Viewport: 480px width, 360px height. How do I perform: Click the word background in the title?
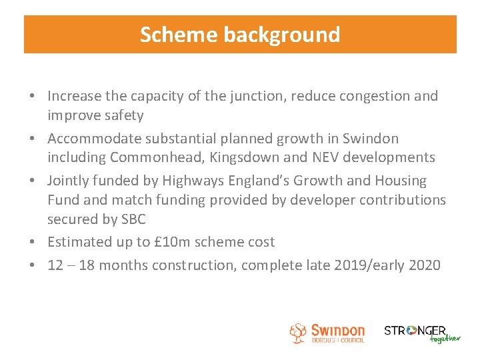282,35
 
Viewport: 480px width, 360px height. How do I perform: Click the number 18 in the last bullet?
87,265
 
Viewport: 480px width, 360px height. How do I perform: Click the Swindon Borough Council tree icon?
298,333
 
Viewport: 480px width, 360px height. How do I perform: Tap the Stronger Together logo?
421,333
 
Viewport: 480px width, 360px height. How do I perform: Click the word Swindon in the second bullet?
371,139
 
